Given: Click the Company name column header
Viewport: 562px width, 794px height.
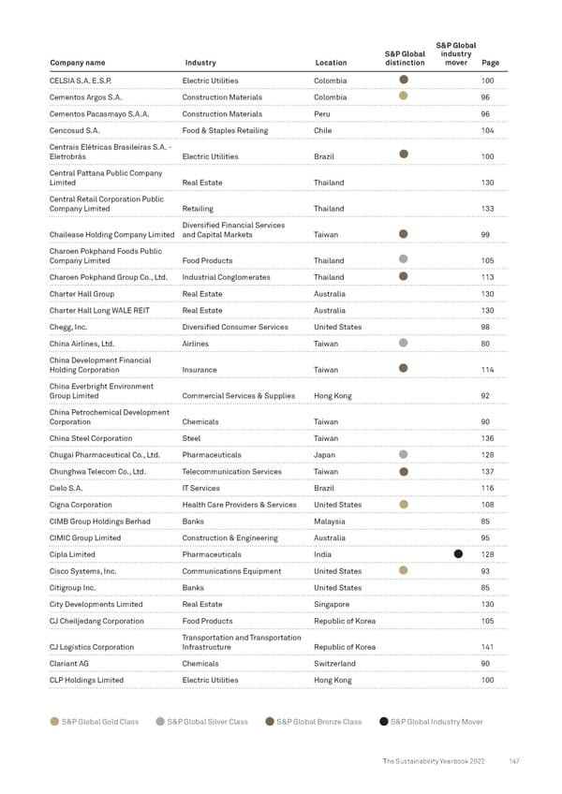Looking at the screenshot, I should pos(77,64).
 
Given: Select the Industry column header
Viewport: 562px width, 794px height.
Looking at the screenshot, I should pos(200,64).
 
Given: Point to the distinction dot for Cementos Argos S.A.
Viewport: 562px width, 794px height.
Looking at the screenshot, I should pos(403,96).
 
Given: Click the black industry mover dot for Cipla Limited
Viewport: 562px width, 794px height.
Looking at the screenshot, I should pos(459,554).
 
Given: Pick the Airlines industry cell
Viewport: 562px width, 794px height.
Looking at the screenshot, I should pos(197,344).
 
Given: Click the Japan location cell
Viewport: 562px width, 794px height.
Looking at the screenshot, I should pos(325,455).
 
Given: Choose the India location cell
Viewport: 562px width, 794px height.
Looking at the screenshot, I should pos(323,554).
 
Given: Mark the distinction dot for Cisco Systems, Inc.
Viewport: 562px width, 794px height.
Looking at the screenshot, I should pos(403,570).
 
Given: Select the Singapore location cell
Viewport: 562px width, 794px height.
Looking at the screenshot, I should pos(333,604).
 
